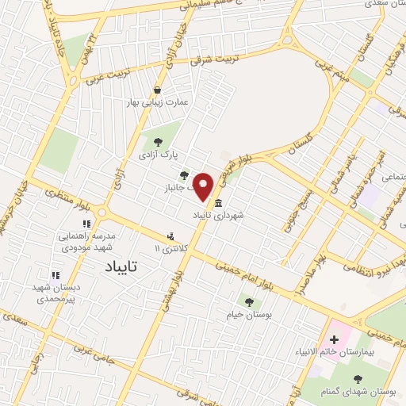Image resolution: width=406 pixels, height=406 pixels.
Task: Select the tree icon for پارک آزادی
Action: click(x=158, y=141)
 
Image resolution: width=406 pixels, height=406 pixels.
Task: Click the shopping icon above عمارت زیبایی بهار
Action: click(x=158, y=90)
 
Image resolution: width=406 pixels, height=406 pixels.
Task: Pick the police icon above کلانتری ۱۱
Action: click(x=170, y=236)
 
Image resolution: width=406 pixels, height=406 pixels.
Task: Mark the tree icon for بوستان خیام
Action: click(x=249, y=301)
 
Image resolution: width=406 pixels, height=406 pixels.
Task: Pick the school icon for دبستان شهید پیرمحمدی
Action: click(x=55, y=274)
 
